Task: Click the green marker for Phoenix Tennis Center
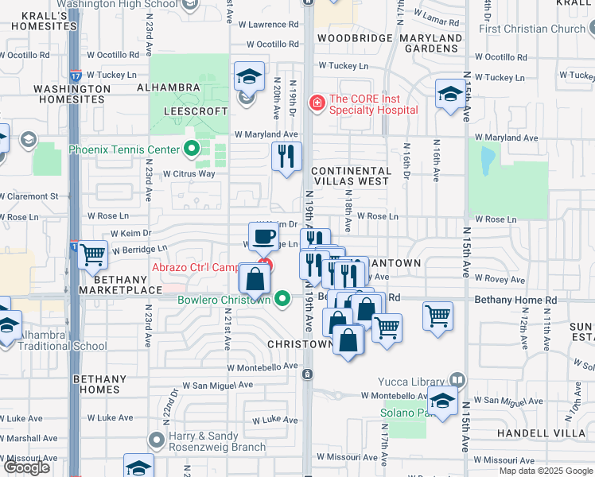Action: (191, 149)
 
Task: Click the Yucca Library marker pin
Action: (457, 380)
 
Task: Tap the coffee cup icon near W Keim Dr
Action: (265, 236)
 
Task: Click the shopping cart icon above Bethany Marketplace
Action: (93, 254)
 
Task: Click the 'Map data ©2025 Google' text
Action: (545, 471)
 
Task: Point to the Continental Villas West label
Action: (351, 176)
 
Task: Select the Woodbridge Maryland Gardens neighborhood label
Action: (389, 43)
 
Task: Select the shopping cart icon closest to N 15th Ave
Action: (437, 315)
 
